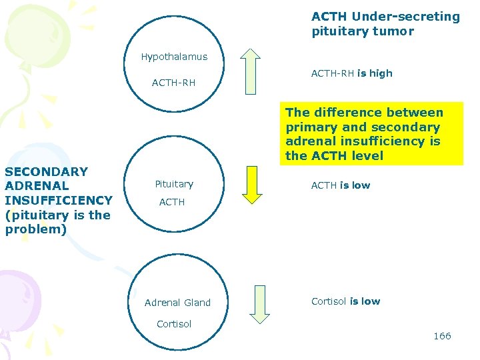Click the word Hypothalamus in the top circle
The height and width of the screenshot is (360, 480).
[174, 57]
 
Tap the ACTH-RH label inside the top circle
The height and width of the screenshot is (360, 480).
[173, 83]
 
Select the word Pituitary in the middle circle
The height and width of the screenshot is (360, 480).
[174, 184]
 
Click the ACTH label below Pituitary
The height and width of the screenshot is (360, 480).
[172, 201]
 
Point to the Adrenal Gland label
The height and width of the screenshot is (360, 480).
[177, 303]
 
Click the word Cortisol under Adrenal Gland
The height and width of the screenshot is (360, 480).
[174, 324]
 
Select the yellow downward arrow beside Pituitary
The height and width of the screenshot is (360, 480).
[253, 184]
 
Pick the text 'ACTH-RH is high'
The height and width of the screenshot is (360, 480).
[351, 73]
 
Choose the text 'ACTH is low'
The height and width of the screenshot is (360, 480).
[341, 185]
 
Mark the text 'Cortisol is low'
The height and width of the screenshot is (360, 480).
[345, 301]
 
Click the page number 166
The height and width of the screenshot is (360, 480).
[442, 336]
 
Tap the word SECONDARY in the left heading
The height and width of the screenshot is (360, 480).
[46, 171]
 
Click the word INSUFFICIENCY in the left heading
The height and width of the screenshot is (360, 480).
[59, 200]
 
